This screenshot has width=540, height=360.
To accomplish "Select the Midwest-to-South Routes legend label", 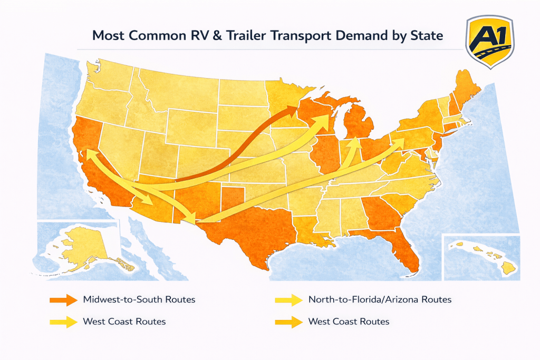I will click(x=139, y=299).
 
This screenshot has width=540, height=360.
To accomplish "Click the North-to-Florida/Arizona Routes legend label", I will click(x=380, y=299).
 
